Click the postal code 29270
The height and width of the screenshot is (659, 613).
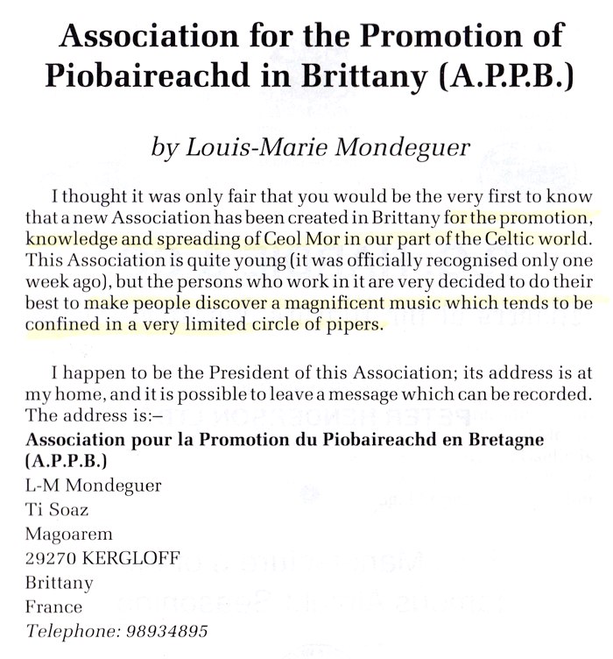[48, 558]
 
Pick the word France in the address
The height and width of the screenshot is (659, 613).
[54, 606]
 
